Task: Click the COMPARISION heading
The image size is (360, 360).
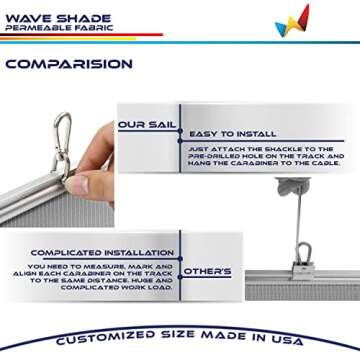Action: click(x=68, y=64)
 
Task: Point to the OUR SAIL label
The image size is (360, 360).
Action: click(x=146, y=125)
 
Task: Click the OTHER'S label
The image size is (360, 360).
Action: click(x=207, y=271)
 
